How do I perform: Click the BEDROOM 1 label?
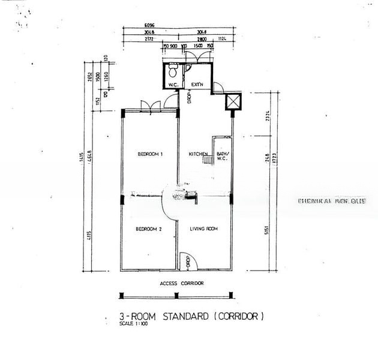point(150,154)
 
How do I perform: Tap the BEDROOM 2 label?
point(148,229)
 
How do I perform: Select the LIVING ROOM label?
point(203,229)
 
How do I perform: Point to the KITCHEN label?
point(198,154)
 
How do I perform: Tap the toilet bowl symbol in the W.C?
point(172,73)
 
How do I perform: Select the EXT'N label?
point(197,85)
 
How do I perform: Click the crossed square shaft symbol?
point(233,101)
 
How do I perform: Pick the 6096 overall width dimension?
point(149,25)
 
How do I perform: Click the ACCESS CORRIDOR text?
point(181,283)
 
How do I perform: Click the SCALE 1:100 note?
point(133,324)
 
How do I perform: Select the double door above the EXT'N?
point(198,56)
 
